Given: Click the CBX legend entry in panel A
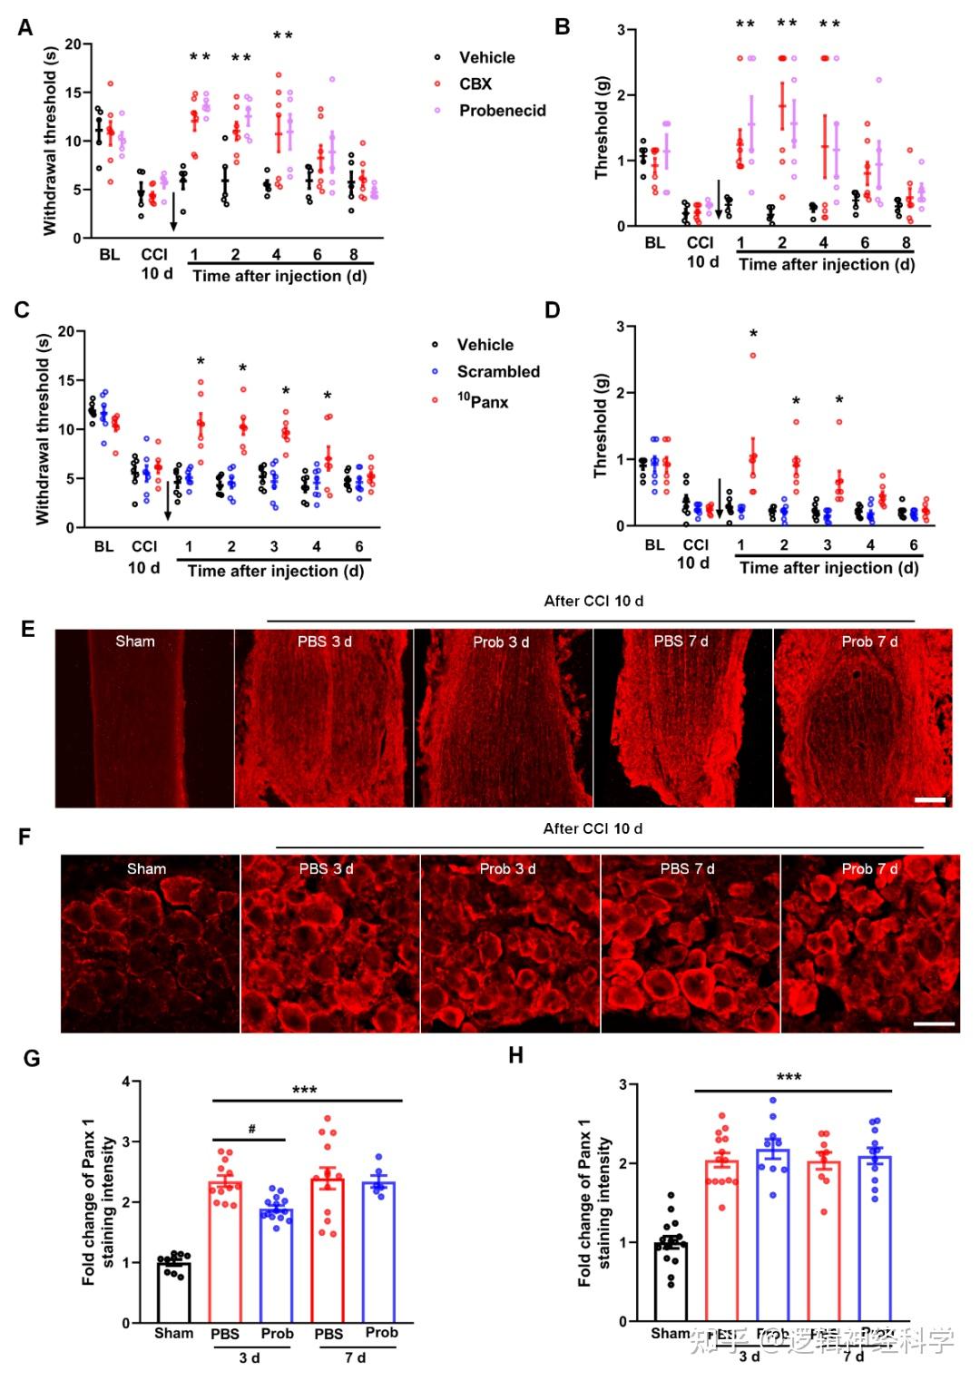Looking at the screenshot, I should point(475,83).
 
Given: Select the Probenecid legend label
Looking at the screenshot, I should point(502,111).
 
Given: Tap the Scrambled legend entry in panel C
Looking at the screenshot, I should point(497,371).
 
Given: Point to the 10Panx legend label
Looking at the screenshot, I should point(482,401).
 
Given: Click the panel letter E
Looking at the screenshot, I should point(27,629).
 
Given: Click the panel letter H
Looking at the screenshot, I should point(516,1054).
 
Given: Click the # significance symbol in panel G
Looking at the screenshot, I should point(251,1130).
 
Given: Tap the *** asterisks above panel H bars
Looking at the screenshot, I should point(789,1077).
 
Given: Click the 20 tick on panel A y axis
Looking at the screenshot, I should point(73,44).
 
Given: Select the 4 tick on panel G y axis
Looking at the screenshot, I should point(126,1082).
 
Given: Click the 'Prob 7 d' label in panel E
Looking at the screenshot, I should point(869,642).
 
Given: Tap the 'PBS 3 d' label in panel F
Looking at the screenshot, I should point(326,868).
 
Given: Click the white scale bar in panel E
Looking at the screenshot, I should point(930,800).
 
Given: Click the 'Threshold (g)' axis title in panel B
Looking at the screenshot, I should point(602,127).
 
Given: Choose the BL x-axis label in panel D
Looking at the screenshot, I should point(654,544).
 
